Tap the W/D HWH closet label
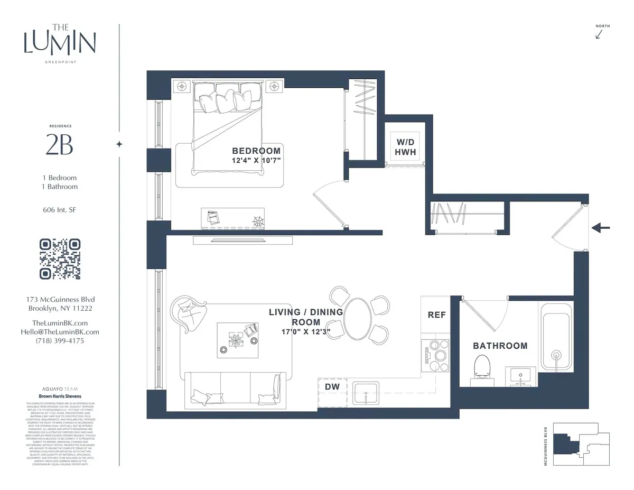tap(406, 147)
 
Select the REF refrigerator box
tap(436, 315)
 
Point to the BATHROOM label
tap(500, 346)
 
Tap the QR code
tap(60, 259)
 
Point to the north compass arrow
tap(599, 34)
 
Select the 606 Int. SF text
tap(59, 210)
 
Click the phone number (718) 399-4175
tap(59, 340)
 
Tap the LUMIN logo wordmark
tap(60, 43)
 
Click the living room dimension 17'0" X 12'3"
tap(305, 331)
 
